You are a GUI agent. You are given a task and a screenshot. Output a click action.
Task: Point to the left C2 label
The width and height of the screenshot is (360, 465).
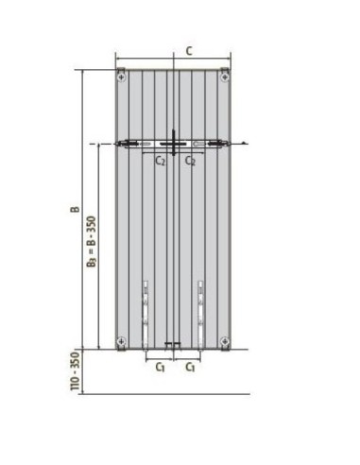click(x=162, y=161)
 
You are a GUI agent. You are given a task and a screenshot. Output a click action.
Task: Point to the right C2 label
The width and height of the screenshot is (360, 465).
click(x=191, y=161)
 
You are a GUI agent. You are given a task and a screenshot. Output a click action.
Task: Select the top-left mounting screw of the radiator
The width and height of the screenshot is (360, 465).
click(x=122, y=73)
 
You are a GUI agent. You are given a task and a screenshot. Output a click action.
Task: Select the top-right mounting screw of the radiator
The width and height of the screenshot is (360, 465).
click(x=224, y=73)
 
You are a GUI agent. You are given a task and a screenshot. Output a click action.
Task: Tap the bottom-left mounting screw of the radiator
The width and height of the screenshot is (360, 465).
click(x=122, y=340)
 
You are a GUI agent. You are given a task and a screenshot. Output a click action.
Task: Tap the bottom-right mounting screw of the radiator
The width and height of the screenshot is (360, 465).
click(x=224, y=340)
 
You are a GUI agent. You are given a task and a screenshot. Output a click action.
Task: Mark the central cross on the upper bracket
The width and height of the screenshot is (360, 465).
click(x=174, y=144)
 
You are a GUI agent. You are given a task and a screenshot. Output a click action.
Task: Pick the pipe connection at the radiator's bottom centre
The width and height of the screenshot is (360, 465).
click(x=173, y=345)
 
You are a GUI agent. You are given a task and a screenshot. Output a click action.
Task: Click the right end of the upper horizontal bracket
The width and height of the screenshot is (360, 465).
click(x=224, y=144)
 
